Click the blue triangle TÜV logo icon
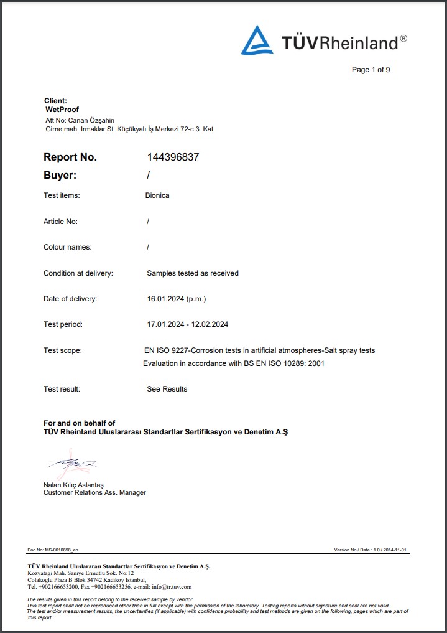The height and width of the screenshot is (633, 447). click(257, 40)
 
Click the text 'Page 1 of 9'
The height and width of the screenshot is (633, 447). click(371, 70)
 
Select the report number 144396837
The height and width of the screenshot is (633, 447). click(173, 157)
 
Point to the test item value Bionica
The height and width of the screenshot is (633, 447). click(157, 195)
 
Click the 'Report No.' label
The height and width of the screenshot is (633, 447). click(70, 157)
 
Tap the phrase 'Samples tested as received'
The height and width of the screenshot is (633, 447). click(193, 273)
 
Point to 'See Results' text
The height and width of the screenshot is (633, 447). click(167, 389)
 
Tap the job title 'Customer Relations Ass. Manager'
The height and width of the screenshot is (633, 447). click(94, 493)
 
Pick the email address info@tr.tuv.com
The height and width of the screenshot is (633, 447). click(171, 587)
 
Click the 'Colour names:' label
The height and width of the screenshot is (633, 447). click(67, 247)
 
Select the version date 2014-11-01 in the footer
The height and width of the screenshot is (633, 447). click(394, 550)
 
